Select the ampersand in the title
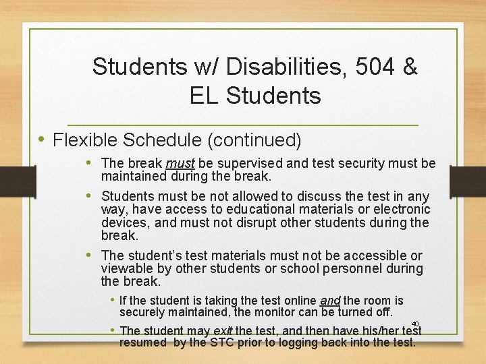[410, 67]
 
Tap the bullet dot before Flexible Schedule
[42, 140]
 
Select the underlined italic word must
[180, 164]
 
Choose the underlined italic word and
[329, 301]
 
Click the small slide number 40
[415, 324]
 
